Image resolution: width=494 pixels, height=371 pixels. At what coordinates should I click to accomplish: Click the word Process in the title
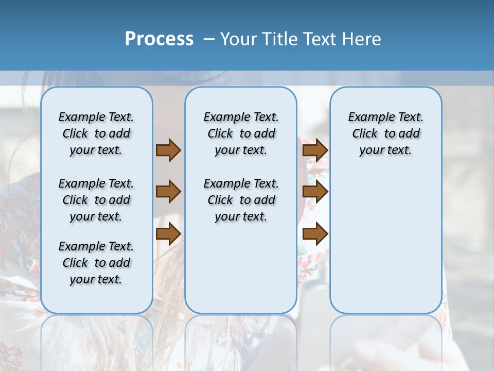pos(159,39)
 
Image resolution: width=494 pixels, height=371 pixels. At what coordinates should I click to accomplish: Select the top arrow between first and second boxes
pos(168,150)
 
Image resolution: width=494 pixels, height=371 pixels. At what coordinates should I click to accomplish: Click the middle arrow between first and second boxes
pos(168,192)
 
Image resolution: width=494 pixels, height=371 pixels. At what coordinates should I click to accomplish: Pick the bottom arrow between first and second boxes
pos(168,234)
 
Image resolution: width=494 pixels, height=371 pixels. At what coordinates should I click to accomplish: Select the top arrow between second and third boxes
pos(315,150)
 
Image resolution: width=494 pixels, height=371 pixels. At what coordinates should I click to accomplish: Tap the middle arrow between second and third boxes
pos(315,192)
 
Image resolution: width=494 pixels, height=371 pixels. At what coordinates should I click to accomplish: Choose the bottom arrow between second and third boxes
pos(315,234)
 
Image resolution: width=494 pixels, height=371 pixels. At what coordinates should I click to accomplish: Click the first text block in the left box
pos(96,133)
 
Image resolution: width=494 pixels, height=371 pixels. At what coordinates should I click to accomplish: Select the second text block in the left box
pos(96,200)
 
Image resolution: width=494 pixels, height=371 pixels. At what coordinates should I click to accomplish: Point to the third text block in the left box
pos(96,263)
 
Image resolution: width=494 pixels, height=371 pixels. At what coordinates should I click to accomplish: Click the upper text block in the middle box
pos(241,133)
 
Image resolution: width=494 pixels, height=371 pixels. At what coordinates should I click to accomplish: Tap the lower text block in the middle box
pos(241,200)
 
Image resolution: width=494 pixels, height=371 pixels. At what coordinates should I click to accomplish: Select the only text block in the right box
pos(385,133)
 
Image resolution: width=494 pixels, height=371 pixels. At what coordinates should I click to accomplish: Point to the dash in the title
pos(209,39)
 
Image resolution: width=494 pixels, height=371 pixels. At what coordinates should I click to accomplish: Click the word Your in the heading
pos(239,39)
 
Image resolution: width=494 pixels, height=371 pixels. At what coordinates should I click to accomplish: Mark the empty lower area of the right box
pos(385,242)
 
